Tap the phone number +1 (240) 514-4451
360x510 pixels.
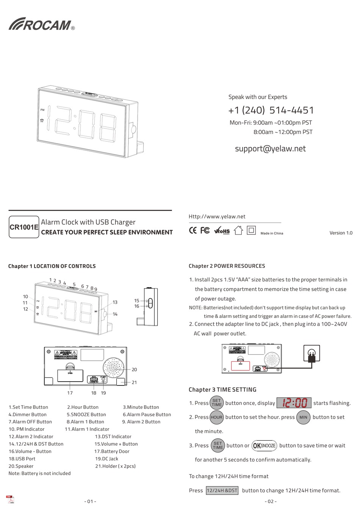271,110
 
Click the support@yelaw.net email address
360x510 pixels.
270,148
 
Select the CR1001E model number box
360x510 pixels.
24,227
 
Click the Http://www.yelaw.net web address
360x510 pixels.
217,217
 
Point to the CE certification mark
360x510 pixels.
193,230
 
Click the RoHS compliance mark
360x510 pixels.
222,231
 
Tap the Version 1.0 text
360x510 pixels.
341,233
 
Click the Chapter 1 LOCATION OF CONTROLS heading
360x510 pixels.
52,266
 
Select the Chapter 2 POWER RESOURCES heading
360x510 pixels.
227,266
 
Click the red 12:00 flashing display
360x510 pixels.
294,403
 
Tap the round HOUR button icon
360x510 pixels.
216,417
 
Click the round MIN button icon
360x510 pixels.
303,417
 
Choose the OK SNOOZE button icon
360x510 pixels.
264,446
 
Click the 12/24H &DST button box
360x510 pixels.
222,490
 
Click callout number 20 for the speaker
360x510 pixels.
134,370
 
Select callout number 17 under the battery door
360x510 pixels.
70,393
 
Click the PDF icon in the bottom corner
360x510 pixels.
10,499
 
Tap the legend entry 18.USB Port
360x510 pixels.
22,459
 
